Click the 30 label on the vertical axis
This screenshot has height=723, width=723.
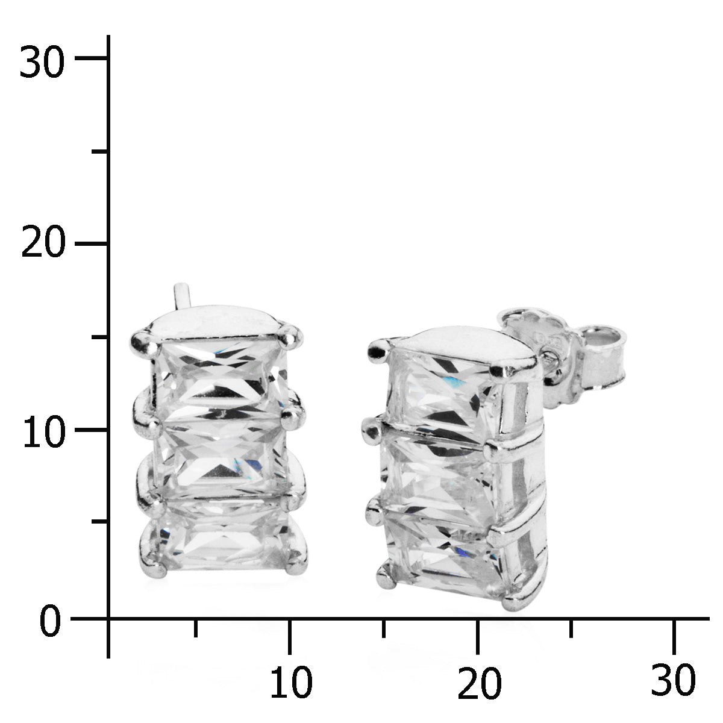(x=42, y=61)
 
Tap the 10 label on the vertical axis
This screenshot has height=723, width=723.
(x=44, y=431)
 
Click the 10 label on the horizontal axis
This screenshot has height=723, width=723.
(x=291, y=682)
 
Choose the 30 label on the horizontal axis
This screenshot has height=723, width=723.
(x=673, y=679)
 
